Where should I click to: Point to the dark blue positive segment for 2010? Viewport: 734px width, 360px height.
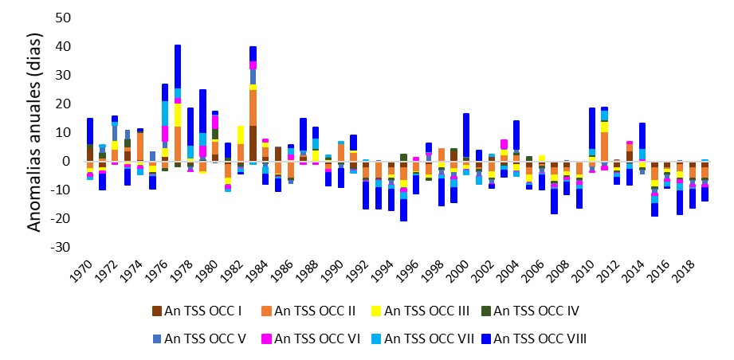pos(592,128)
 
